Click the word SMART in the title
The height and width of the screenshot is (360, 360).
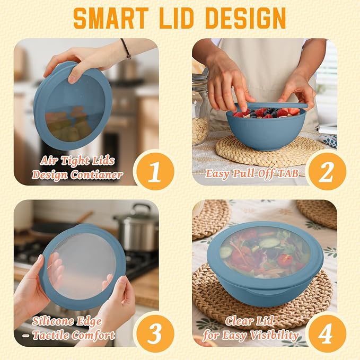[111, 18]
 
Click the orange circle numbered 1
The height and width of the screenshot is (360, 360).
[155, 172]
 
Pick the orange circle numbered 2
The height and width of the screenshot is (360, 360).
[327, 172]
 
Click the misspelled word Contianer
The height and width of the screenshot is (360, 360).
[96, 175]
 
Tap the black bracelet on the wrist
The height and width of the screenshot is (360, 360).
[126, 49]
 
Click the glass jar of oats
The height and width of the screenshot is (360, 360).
[200, 110]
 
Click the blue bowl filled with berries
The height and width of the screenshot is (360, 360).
[266, 129]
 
